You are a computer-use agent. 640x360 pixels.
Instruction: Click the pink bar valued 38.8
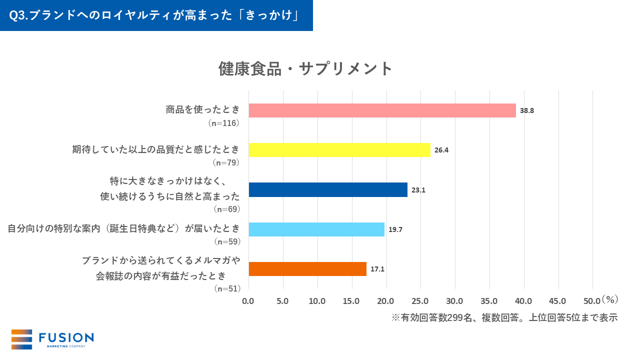point(382,110)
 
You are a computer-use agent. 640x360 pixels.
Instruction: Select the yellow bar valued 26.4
point(339,150)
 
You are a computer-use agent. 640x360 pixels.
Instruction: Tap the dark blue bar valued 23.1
point(328,190)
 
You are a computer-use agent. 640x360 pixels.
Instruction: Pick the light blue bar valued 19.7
point(316,229)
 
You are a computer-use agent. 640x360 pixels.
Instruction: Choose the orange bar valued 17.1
point(307,269)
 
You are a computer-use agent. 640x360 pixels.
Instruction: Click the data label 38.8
point(527,110)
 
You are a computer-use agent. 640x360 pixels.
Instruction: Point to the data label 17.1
point(377,269)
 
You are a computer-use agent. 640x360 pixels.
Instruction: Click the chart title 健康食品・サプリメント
point(306,68)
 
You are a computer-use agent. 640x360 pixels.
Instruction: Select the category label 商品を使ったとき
point(203,109)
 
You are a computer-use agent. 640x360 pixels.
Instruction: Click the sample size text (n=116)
point(224,122)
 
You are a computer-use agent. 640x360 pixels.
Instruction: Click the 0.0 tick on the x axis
point(248,301)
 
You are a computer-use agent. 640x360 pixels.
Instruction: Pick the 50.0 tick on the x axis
point(592,301)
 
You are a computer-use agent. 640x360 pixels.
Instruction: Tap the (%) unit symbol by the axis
point(610,299)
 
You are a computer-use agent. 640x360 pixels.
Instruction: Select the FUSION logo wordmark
point(66,338)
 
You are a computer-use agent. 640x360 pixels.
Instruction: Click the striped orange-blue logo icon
point(21,339)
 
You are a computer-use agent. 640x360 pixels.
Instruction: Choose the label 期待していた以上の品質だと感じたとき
point(156,149)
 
